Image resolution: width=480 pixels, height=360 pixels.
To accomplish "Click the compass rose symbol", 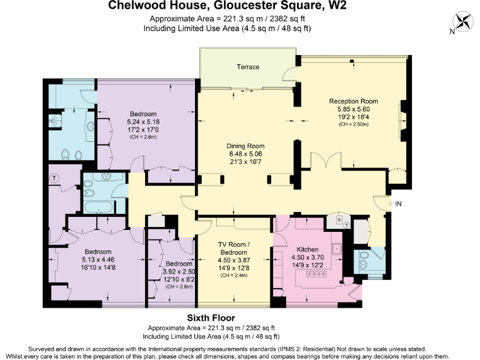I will coord(463,22).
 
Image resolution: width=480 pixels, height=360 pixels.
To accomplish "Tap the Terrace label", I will coord(247,67).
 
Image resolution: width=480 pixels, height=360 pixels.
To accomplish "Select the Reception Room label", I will coord(354,101).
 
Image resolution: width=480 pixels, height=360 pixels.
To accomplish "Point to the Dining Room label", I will coord(246,146).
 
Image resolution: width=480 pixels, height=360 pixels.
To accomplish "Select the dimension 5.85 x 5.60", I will coord(354,109).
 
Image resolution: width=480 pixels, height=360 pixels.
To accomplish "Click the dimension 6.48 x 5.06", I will coord(246,154).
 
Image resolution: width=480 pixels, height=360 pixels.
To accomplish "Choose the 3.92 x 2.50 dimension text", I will coord(162,272).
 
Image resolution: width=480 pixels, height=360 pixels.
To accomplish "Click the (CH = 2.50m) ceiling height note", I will coord(354,124).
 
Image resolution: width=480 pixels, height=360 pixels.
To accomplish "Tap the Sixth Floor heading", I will coord(211,318).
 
